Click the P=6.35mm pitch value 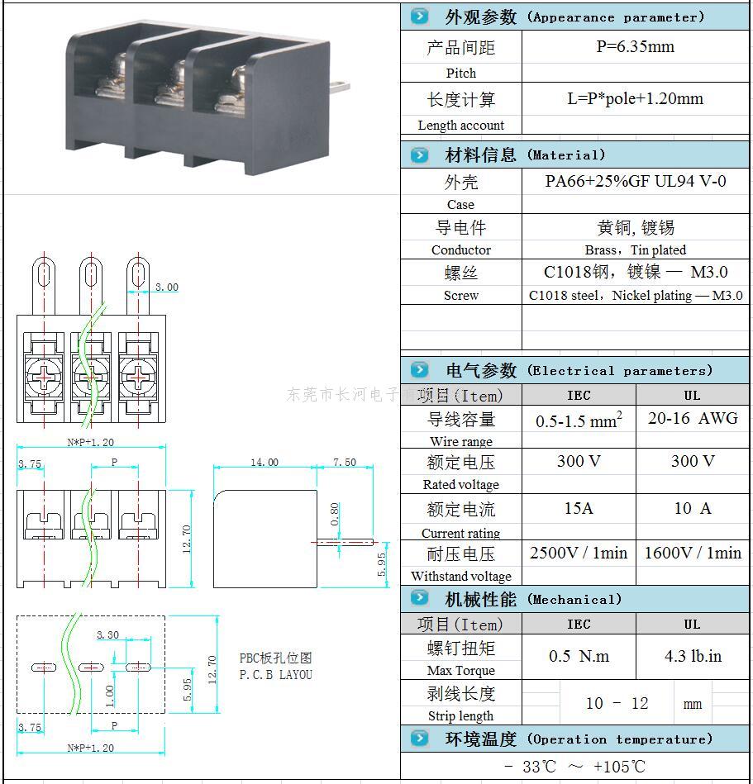(x=635, y=47)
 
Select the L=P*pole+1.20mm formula (x=635, y=99)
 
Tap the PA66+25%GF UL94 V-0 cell (x=635, y=181)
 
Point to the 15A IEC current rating (x=578, y=508)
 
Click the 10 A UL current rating (x=692, y=508)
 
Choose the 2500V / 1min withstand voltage (x=578, y=553)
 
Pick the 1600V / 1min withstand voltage (x=693, y=553)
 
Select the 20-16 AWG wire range (x=693, y=418)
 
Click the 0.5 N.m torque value (x=579, y=657)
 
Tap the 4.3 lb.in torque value (x=693, y=657)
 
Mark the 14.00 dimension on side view (x=264, y=463)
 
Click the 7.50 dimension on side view (x=344, y=463)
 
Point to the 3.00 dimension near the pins (x=166, y=287)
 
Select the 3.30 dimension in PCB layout (x=108, y=634)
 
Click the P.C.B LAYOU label (x=276, y=675)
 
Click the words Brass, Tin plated (x=635, y=249)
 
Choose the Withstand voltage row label (x=460, y=577)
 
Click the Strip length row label (x=460, y=716)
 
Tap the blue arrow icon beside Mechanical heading (x=419, y=598)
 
